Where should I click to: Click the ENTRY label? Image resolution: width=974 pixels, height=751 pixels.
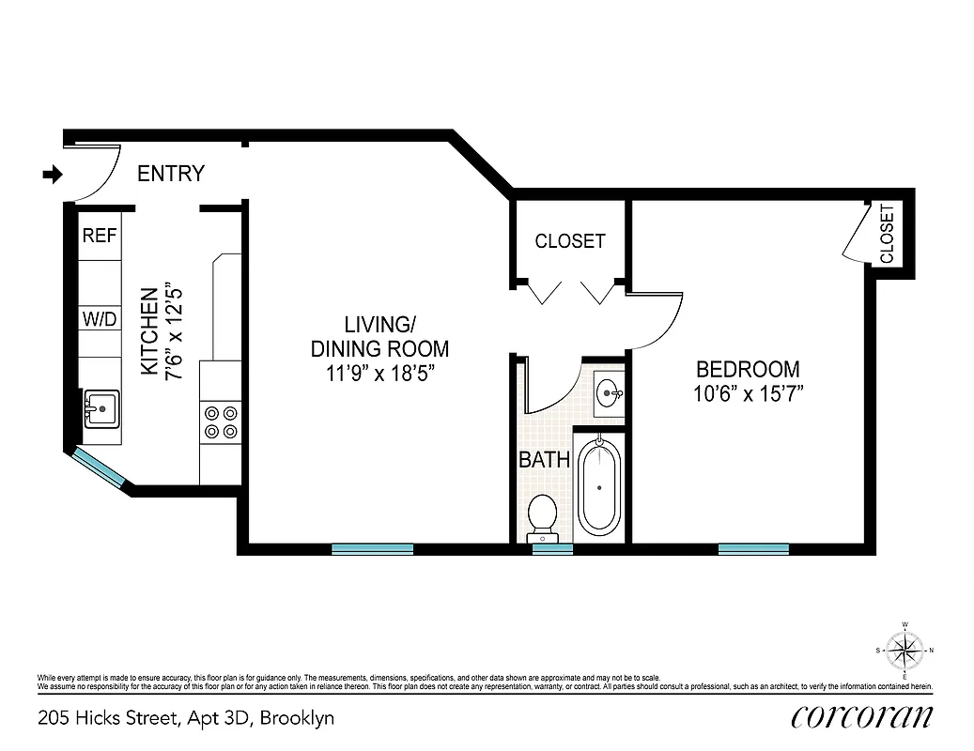tap(170, 174)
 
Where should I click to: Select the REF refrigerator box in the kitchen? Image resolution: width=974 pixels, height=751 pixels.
tap(100, 236)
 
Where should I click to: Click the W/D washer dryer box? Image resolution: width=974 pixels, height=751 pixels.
tap(100, 319)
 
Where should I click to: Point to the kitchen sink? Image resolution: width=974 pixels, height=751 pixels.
tap(100, 409)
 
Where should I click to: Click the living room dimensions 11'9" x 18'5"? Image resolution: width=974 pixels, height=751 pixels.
tap(379, 373)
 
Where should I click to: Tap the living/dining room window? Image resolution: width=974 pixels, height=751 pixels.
tap(373, 548)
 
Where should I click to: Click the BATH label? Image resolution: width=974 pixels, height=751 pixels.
tap(545, 460)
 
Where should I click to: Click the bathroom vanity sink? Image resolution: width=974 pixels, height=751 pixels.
tap(609, 390)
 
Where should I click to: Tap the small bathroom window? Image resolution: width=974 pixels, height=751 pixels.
tap(552, 549)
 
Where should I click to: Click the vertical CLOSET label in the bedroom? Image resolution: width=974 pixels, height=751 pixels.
tap(888, 235)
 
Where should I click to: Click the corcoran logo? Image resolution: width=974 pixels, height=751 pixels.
tap(862, 717)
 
